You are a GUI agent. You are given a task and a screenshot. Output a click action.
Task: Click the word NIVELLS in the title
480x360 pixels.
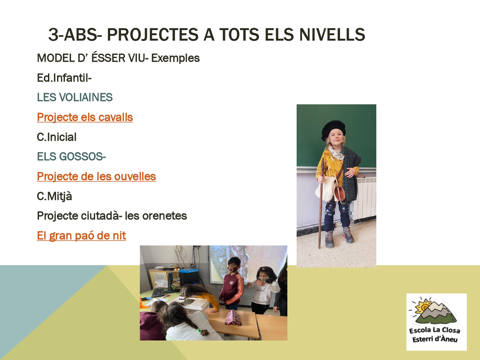tap(332, 35)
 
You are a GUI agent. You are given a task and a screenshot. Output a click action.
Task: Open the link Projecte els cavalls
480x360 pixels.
tap(85, 117)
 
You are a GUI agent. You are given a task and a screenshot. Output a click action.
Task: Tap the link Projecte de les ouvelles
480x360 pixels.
tap(96, 176)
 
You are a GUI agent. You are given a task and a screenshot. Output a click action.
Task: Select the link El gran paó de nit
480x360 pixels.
tap(81, 236)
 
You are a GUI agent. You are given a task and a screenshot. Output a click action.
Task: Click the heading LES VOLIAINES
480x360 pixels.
tap(75, 97)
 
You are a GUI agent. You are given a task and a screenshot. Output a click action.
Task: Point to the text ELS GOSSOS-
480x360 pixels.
tap(71, 156)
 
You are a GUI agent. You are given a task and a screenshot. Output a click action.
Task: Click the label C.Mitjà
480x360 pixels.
tap(54, 196)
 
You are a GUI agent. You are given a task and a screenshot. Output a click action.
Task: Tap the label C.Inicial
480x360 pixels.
tap(57, 137)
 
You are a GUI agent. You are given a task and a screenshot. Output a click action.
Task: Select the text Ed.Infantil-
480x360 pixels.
tap(64, 78)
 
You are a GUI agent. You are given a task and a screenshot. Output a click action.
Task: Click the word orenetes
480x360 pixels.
tap(164, 216)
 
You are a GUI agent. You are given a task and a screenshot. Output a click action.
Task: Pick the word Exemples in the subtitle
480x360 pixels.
tap(175, 58)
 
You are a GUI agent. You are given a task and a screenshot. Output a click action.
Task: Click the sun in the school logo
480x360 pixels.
tap(424, 307)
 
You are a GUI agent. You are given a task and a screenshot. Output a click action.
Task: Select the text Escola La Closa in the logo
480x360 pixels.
tap(435, 330)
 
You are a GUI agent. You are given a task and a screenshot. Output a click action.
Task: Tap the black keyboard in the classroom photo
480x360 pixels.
tap(158, 292)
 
